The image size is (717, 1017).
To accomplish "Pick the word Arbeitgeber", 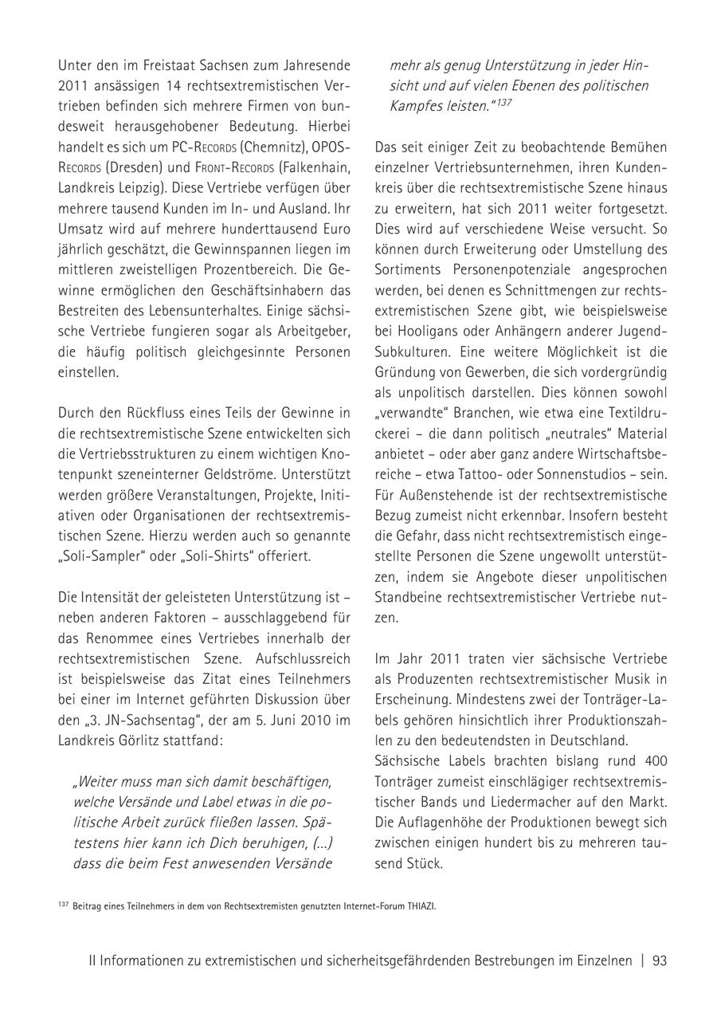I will click(x=315, y=331).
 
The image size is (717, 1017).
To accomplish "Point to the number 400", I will click(x=654, y=760).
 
